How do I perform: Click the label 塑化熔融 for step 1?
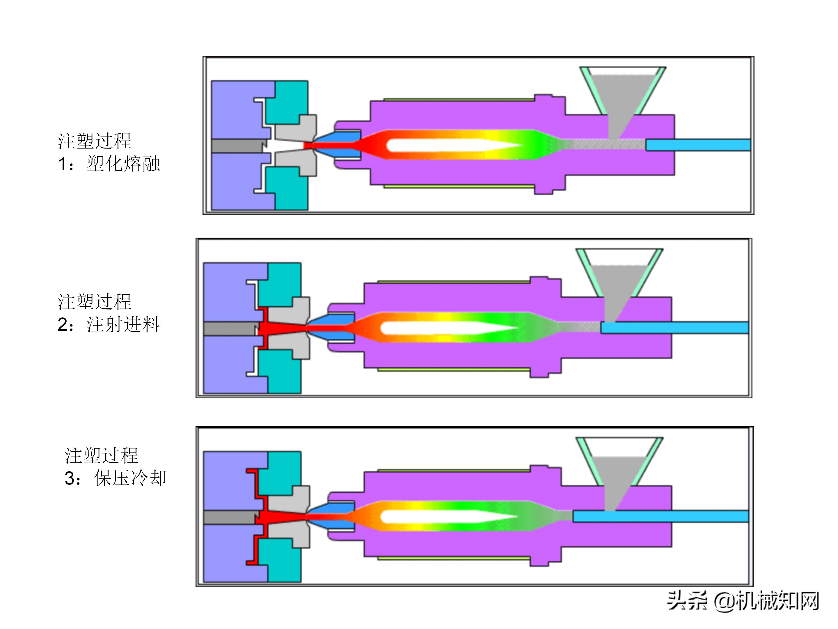[x=123, y=164]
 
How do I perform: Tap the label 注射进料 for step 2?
[x=123, y=325]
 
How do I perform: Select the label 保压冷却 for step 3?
[x=130, y=478]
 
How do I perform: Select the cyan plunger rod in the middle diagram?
[x=674, y=328]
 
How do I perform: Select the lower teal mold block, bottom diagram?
[x=284, y=561]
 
